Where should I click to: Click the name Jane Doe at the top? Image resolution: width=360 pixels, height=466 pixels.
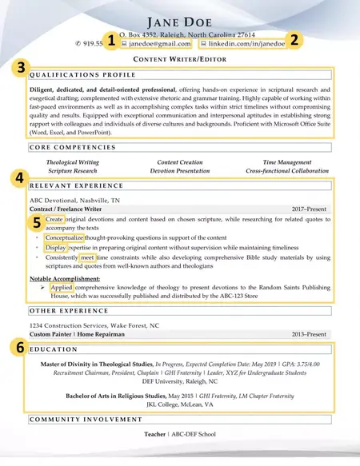[180, 20]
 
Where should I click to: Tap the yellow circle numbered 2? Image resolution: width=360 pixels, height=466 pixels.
[294, 39]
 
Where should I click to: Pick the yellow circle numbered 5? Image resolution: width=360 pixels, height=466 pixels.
[36, 225]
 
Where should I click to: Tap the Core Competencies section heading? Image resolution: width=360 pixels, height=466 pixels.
[67, 148]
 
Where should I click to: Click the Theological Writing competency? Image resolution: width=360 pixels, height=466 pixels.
[78, 162]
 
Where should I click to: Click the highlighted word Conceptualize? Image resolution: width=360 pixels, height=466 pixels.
[68, 237]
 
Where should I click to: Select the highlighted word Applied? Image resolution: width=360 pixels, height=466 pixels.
[62, 286]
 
